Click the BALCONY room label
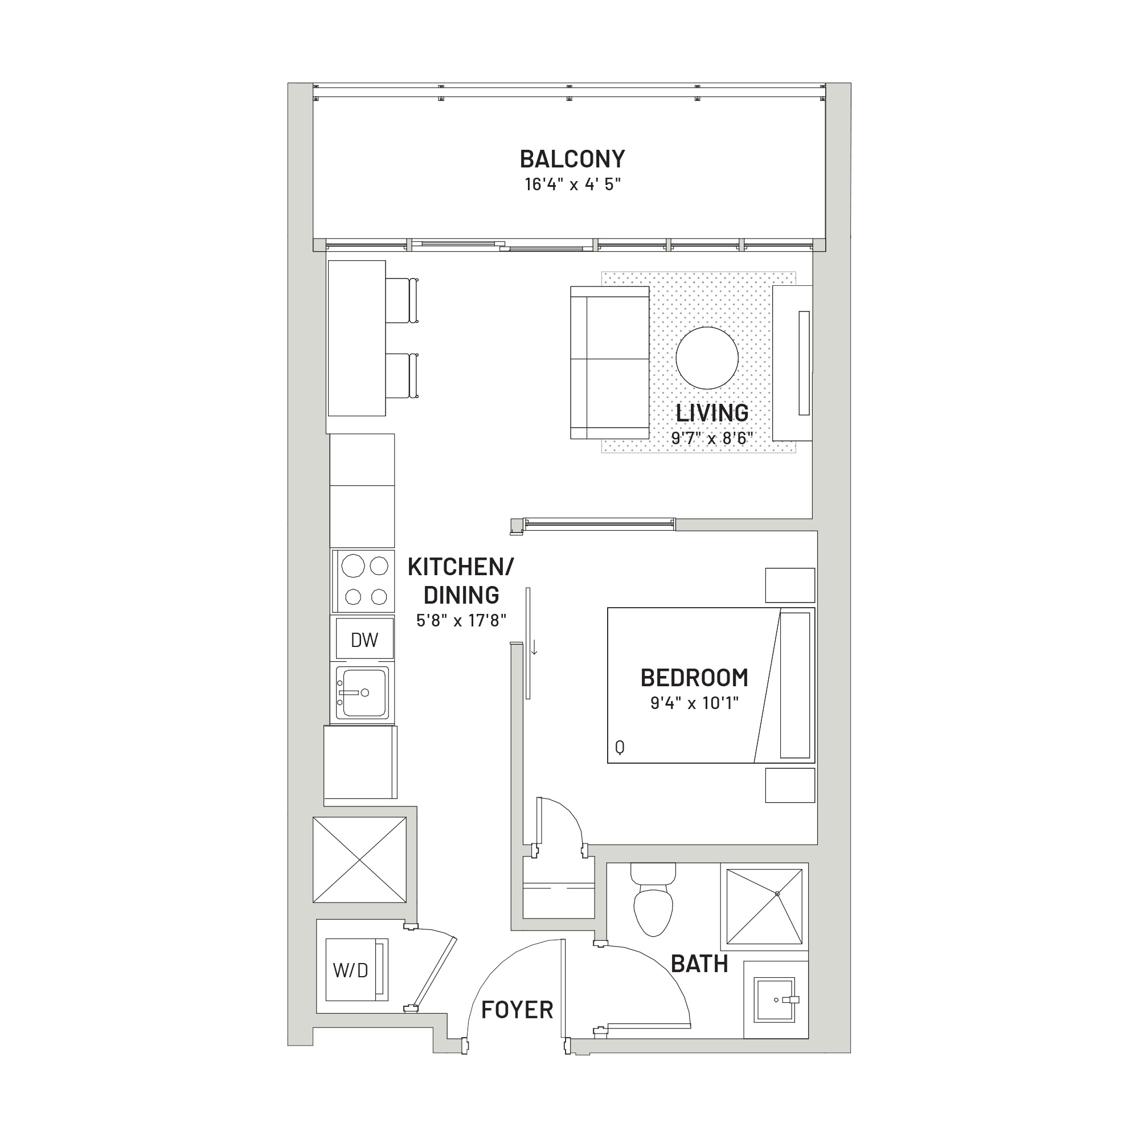click(x=572, y=159)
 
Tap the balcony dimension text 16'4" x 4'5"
click(x=573, y=185)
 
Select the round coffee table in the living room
click(x=707, y=358)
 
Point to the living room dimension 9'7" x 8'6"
click(x=713, y=438)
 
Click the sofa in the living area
click(x=609, y=363)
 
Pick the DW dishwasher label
click(x=364, y=640)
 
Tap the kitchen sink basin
click(x=362, y=692)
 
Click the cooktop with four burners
click(x=363, y=581)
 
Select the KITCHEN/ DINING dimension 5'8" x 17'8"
click(x=462, y=620)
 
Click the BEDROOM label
click(x=694, y=678)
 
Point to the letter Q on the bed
click(x=620, y=748)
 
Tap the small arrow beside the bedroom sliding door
click(x=535, y=647)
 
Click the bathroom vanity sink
click(x=775, y=999)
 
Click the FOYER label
click(x=517, y=1010)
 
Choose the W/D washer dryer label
click(x=350, y=970)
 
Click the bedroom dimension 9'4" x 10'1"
click(x=694, y=703)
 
